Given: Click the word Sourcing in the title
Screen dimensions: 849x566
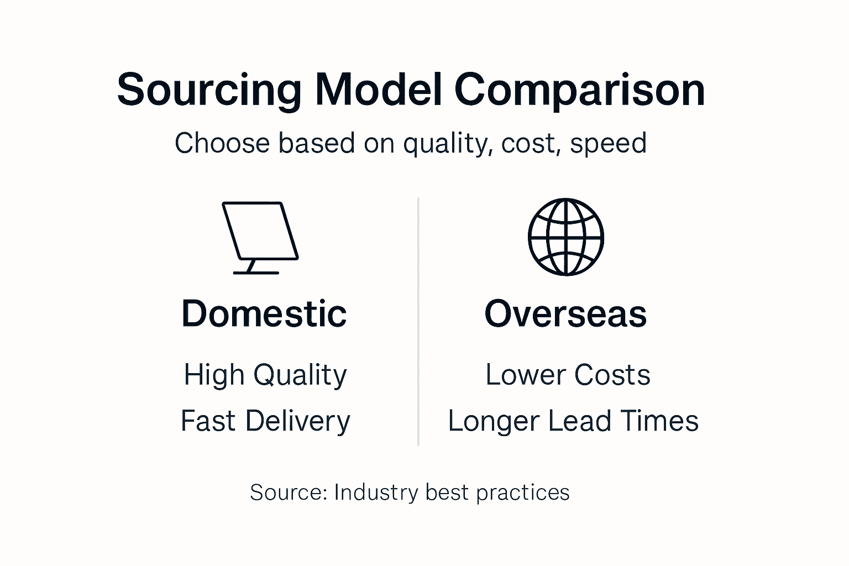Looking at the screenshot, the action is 209,91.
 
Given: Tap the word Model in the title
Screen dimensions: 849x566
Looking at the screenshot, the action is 378,90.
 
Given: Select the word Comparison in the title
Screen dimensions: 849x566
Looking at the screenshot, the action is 579,91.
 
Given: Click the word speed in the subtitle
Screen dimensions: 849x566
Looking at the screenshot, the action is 609,144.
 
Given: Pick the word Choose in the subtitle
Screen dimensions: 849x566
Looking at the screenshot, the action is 222,143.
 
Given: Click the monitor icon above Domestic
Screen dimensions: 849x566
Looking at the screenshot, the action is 260,238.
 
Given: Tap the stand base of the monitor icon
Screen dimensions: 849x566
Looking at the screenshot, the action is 256,272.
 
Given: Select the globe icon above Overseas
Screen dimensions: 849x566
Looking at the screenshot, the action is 566,237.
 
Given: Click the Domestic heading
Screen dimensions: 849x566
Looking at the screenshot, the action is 264,313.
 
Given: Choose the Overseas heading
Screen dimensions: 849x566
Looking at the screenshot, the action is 565,313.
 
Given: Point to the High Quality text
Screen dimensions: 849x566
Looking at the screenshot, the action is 265,375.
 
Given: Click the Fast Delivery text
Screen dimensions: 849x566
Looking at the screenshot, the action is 265,421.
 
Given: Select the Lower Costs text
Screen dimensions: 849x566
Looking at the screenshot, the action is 568,375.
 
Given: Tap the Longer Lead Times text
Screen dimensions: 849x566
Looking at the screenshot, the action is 573,421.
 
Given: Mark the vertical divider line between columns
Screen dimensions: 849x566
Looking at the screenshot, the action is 418,322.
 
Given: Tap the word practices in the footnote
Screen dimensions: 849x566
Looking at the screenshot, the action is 523,493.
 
